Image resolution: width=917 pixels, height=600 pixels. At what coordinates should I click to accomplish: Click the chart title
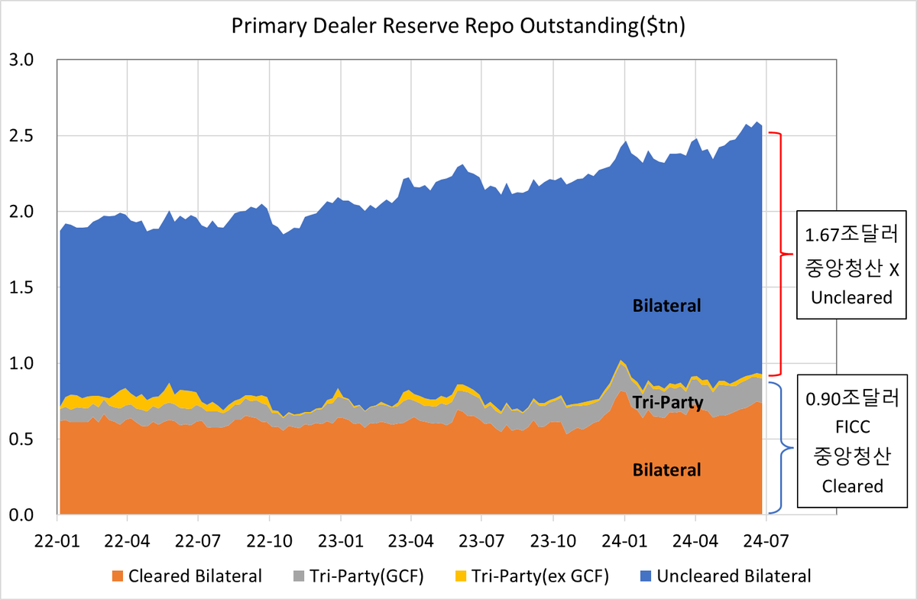point(458,26)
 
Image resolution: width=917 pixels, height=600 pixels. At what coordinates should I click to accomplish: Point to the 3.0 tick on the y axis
point(21,60)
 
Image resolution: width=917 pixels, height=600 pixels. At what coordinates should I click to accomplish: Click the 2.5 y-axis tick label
point(21,135)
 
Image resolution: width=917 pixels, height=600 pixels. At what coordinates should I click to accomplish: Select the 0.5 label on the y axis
point(21,439)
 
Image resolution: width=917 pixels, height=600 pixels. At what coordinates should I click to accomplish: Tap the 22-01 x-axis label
point(57,541)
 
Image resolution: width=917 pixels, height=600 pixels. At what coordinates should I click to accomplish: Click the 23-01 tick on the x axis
point(341,541)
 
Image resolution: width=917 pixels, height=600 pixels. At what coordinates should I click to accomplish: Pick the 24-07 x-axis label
point(766,541)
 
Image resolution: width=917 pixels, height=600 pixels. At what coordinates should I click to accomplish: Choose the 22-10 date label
point(269,541)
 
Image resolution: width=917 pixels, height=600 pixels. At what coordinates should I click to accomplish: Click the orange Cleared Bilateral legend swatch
point(118,576)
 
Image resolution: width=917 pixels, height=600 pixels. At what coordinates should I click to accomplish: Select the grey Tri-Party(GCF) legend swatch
point(299,576)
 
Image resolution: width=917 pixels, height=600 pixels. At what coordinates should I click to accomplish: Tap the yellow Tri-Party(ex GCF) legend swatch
point(461,576)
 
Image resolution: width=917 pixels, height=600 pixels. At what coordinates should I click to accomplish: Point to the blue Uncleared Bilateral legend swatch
point(646,576)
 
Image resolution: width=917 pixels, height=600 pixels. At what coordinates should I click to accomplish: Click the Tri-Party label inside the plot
point(668,402)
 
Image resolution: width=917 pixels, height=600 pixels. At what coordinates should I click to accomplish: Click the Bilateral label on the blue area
point(667,306)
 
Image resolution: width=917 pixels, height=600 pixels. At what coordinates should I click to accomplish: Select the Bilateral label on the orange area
point(667,470)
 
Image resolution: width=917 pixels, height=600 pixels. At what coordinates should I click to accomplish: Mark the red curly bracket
point(781,254)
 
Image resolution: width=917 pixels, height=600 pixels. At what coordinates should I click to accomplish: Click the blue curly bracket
point(782,447)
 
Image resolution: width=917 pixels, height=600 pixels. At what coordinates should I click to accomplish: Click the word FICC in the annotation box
point(853,427)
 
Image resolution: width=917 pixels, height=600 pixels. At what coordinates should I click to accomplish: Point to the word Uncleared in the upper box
point(851,298)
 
